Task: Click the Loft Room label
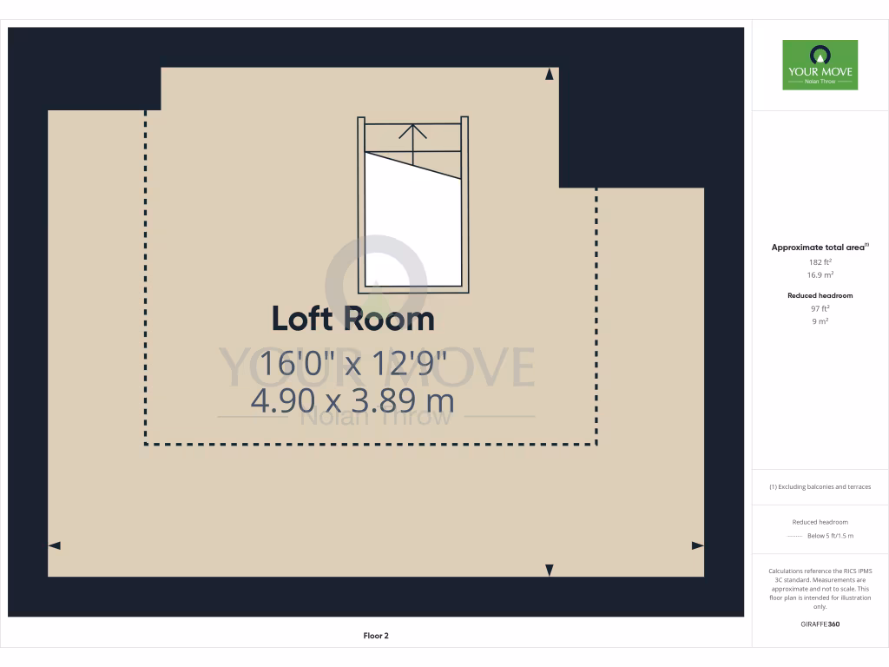pos(352,319)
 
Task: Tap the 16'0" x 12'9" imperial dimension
pos(352,363)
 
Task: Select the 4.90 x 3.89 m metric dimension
pos(352,401)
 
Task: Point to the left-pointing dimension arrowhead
pos(54,545)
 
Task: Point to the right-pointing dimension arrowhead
pos(697,545)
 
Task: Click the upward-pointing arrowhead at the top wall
pos(549,76)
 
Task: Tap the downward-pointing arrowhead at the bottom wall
pos(549,570)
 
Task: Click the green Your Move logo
pos(820,65)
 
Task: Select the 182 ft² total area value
pos(820,261)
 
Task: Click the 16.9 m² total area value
pos(820,274)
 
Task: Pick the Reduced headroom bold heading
pos(820,295)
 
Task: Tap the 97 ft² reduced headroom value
pos(820,308)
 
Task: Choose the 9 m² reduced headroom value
pos(820,321)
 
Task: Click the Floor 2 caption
pos(376,636)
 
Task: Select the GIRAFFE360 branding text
pos(820,624)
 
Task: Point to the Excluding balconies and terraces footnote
pos(820,486)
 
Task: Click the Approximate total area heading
pos(819,248)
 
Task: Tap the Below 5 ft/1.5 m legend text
pos(830,536)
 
